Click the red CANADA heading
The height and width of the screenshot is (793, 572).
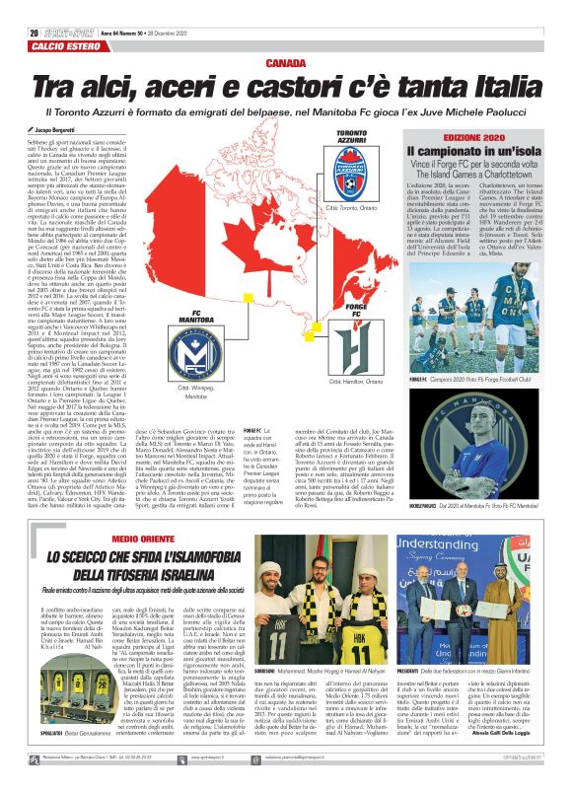coord(285,62)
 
